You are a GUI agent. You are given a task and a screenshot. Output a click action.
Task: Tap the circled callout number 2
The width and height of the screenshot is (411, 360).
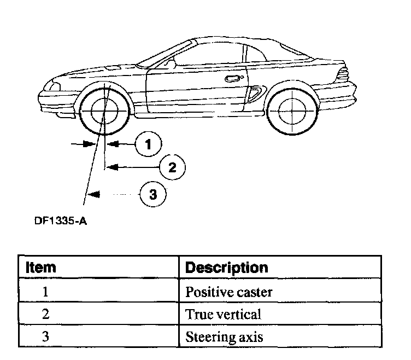pyautogui.click(x=172, y=167)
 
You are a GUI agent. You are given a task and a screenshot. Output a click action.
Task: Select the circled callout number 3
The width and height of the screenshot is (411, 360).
pyautogui.click(x=153, y=194)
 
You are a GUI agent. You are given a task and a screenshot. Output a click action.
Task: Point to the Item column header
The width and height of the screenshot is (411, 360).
pyautogui.click(x=42, y=268)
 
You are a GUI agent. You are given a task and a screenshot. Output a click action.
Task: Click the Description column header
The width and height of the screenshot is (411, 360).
pyautogui.click(x=227, y=268)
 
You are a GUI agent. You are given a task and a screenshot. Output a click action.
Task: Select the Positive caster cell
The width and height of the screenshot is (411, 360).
pyautogui.click(x=229, y=292)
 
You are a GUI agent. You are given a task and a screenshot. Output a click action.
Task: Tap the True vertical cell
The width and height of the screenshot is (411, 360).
pyautogui.click(x=223, y=314)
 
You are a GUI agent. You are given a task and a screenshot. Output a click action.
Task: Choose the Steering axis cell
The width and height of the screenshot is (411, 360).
pyautogui.click(x=224, y=336)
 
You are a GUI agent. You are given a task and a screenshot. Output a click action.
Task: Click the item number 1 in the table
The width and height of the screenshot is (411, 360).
pyautogui.click(x=46, y=292)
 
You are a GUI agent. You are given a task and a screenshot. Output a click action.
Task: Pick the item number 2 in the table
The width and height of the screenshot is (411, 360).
pyautogui.click(x=46, y=314)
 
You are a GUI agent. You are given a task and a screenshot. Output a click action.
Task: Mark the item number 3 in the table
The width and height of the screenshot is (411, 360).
pyautogui.click(x=46, y=336)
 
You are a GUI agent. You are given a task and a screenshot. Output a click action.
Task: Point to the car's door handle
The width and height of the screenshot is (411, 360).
pyautogui.click(x=233, y=79)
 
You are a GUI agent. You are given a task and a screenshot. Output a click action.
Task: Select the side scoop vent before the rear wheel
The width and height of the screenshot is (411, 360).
pyautogui.click(x=254, y=94)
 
